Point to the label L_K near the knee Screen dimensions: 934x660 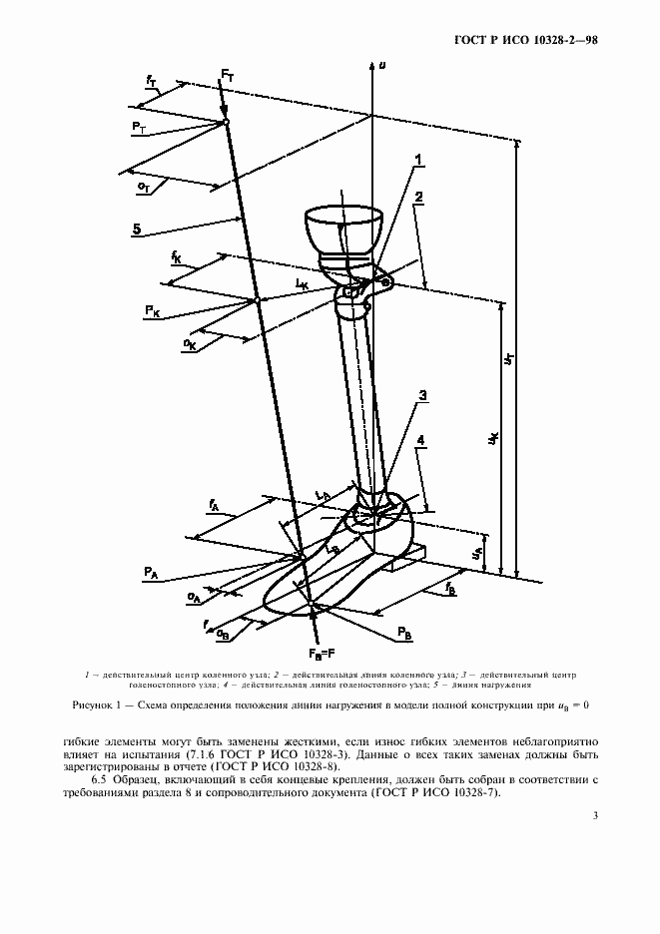point(302,284)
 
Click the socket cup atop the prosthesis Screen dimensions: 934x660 point(342,229)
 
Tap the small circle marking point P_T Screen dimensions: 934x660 point(227,123)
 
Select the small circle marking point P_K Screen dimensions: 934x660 point(256,300)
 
